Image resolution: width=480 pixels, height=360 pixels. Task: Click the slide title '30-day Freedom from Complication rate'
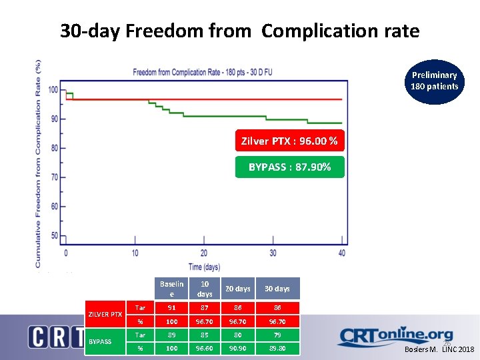(239, 31)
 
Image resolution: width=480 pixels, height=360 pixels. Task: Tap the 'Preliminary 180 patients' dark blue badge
(434, 81)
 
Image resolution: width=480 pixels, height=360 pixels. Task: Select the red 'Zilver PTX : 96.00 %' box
(289, 141)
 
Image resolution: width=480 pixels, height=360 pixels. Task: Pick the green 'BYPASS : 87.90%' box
(289, 167)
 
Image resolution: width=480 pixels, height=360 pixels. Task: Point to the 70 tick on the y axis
(53, 177)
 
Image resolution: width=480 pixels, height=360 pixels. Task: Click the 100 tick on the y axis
(53, 90)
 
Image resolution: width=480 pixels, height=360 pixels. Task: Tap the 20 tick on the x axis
(204, 253)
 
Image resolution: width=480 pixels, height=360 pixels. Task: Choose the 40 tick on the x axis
(343, 253)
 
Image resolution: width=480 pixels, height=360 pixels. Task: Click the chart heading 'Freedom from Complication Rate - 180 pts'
(206, 72)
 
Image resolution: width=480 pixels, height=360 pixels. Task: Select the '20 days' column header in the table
(237, 289)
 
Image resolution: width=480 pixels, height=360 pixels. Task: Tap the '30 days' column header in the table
(277, 289)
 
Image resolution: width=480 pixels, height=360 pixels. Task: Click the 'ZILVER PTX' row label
(105, 314)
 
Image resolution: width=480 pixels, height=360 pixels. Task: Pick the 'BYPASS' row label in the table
(100, 341)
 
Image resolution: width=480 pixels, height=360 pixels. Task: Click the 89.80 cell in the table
(277, 348)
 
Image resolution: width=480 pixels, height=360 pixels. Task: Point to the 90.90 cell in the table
(237, 348)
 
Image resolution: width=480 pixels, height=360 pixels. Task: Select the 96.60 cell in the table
(205, 348)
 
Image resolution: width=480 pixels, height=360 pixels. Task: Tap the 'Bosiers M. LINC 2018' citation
(440, 349)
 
